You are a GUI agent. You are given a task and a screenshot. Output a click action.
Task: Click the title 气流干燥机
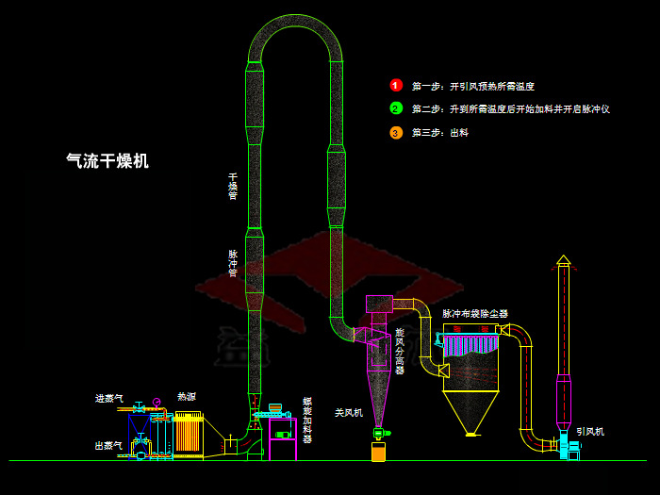107,161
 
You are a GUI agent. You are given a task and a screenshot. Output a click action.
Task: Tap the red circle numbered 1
396,85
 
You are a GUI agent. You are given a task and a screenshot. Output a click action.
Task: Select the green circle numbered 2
396,108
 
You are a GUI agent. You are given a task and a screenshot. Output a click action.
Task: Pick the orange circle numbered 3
396,132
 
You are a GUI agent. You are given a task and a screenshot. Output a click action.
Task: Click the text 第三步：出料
439,133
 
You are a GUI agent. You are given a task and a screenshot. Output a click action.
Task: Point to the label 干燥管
233,186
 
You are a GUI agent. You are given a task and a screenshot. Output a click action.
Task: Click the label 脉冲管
233,263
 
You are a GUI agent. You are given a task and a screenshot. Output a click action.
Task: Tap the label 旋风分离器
399,351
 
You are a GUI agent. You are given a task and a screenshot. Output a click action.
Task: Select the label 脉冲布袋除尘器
475,313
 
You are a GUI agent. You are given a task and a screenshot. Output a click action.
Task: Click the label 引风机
590,432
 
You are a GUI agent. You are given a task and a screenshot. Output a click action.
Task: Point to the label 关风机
349,412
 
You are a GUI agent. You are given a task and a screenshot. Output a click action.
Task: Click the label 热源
187,397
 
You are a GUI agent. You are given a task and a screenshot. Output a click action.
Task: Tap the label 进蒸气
108,399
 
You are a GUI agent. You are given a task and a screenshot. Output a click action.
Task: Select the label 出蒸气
108,445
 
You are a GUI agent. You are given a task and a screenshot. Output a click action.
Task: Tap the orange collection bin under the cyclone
378,452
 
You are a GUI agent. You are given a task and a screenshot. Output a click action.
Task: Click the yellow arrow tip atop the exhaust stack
563,259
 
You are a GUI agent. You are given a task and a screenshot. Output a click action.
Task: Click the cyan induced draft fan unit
571,450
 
